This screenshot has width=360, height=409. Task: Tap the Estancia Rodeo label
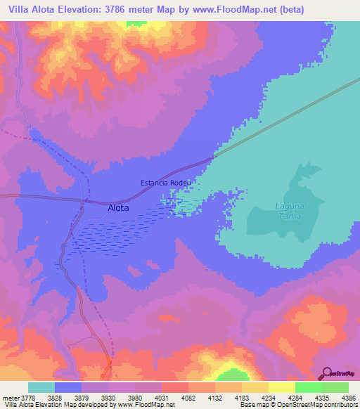click(166, 183)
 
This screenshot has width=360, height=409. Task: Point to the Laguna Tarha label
click(288, 212)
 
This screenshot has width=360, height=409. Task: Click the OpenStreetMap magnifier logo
click(326, 373)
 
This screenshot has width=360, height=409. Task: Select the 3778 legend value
click(27, 398)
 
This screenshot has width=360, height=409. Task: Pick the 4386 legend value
click(348, 398)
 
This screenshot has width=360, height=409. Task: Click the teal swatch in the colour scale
click(41, 387)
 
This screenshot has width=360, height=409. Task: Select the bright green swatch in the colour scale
click(308, 387)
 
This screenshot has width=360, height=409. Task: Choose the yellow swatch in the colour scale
click(255, 387)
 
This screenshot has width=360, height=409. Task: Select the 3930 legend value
click(108, 398)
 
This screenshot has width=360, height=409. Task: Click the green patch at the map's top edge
click(132, 24)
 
